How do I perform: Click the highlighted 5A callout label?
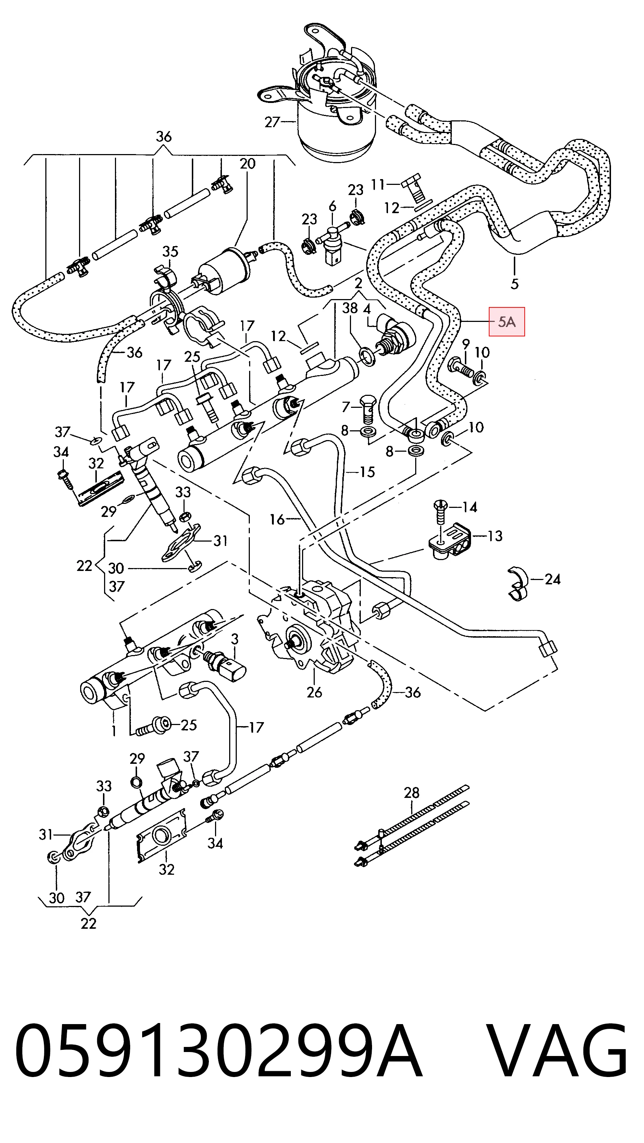click(507, 322)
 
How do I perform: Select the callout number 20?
click(247, 164)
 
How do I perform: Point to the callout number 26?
click(314, 692)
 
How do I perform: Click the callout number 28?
click(412, 792)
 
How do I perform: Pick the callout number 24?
click(553, 579)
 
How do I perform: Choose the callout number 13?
click(495, 536)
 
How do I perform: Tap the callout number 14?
click(470, 507)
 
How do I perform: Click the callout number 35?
click(170, 252)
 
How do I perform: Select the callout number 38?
click(350, 308)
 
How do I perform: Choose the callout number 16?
click(277, 519)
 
